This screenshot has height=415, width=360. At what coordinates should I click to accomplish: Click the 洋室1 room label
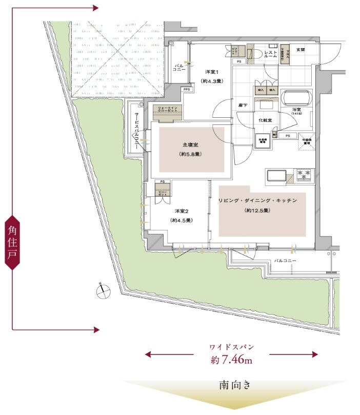point(212,72)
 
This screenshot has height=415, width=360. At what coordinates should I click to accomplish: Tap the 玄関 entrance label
point(301,50)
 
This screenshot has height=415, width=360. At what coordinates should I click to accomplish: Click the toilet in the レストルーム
point(251,53)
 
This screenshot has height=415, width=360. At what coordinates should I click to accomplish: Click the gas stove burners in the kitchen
point(304,175)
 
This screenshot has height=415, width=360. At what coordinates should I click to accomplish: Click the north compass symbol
point(103,290)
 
